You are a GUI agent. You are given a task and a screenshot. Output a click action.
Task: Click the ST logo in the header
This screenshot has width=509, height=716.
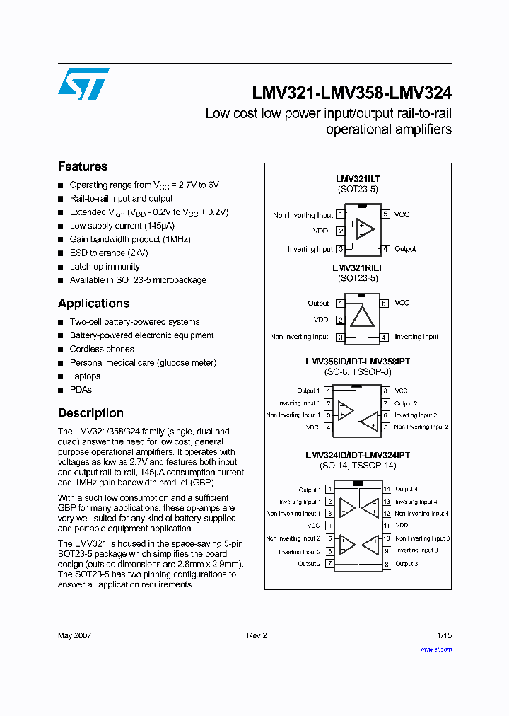pos(83,84)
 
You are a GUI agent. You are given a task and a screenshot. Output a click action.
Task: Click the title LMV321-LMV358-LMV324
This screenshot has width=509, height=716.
pos(351,93)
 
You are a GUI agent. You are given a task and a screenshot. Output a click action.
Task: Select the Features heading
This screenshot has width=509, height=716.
pos(83,166)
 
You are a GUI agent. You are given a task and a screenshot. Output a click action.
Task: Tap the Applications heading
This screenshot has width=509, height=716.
pos(93,303)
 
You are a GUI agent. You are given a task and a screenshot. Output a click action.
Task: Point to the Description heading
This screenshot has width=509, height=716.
pos(90,413)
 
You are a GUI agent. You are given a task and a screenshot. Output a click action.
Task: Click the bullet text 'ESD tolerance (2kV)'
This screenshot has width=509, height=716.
pos(109,253)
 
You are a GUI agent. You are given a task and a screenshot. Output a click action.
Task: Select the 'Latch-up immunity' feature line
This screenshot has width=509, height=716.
pos(105,267)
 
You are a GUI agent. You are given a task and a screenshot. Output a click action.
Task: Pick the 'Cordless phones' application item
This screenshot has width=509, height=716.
pos(102,349)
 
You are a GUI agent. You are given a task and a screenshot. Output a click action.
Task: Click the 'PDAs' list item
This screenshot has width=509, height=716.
pos(81,390)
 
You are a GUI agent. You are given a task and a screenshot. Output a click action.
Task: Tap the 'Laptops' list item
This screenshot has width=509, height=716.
pos(85,376)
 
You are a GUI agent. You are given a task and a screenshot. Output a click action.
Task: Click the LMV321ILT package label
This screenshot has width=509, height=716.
pos(358,180)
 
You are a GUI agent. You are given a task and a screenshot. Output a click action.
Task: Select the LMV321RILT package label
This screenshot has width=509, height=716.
pos(358,268)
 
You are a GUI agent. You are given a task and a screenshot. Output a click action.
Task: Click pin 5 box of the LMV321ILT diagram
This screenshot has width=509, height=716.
pos(385,214)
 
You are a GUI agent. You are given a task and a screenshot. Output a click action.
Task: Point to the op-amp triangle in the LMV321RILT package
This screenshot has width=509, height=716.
pos(363,316)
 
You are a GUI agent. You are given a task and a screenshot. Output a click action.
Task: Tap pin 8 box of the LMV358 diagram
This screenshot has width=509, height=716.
pos(386,391)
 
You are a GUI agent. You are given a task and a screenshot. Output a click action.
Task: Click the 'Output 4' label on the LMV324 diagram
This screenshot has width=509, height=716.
pos(406,489)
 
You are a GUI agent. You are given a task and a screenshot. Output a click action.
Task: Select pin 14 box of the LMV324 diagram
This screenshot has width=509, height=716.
pos(387,489)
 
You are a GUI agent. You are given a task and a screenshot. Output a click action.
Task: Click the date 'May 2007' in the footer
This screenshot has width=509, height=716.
pos(74,635)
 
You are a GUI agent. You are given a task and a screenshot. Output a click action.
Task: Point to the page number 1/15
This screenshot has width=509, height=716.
pos(444,635)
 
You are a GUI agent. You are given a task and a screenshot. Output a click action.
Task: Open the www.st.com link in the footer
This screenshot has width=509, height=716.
pos(435,649)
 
